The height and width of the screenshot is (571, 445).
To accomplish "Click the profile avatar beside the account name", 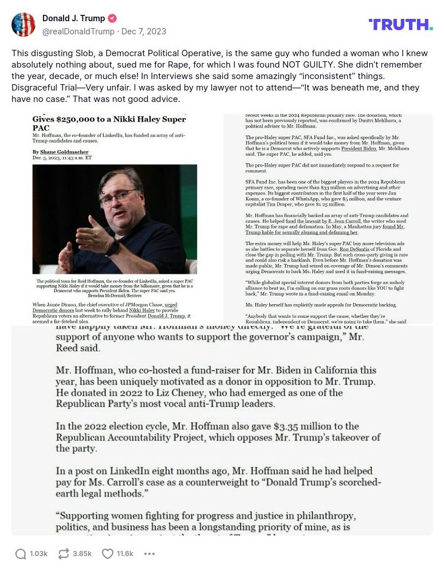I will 23,25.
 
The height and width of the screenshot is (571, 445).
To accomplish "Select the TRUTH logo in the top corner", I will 400,25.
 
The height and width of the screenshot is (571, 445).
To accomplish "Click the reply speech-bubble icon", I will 21,554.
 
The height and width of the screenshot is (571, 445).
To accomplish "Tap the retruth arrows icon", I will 64,554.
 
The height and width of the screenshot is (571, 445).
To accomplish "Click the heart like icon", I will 108,554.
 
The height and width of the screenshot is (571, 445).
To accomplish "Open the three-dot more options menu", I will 149,554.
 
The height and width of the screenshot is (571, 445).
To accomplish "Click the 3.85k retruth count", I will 82,554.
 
